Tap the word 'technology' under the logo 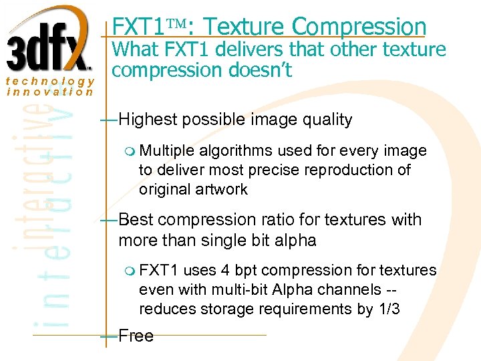tap(50, 80)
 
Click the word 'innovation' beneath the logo tap(50, 92)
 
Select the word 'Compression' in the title tap(359, 27)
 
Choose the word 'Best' tap(136, 220)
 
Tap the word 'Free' tap(136, 336)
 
